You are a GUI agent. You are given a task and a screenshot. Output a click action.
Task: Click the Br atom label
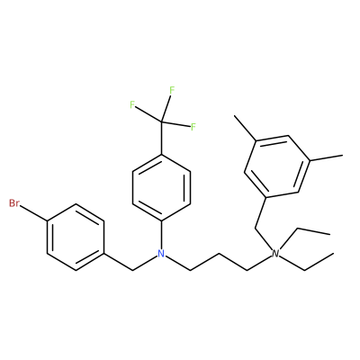coord(13,203)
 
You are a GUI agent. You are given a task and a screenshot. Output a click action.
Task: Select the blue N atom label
coord(161,254)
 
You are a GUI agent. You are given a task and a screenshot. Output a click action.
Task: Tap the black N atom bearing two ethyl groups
coord(275,254)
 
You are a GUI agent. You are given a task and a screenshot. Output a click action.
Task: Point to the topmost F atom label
coord(172,90)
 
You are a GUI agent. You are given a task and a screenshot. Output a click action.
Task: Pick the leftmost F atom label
coord(132,104)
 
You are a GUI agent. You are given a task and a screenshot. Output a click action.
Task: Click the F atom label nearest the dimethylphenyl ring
coord(193,127)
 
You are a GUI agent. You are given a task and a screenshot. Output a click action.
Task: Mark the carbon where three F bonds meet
coord(161,121)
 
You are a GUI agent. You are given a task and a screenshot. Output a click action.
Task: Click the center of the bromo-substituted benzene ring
coord(76,238)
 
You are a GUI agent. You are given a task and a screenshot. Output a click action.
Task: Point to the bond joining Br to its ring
coord(33,213)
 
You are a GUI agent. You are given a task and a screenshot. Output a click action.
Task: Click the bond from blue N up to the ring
coord(161,235)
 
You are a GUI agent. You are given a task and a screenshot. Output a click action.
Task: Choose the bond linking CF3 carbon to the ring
coord(161,138)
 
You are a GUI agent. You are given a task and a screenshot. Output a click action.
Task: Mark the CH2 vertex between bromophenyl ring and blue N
coord(132,271)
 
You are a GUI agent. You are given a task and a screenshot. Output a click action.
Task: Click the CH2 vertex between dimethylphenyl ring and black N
coord(255,229)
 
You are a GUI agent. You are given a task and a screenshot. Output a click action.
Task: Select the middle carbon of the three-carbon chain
coord(219,254)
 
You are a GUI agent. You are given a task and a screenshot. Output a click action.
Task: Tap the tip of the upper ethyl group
coord(330,234)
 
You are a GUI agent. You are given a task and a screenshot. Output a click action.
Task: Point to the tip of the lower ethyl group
coord(334,254)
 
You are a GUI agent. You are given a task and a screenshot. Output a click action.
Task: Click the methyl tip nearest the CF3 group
coord(235,116)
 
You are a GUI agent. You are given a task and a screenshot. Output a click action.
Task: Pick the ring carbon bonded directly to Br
coord(48,221)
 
